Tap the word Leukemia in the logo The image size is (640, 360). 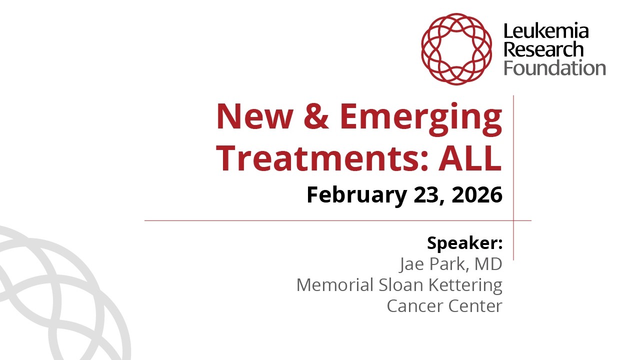(545, 32)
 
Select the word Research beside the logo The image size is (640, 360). (543, 49)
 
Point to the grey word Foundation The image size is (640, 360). (554, 67)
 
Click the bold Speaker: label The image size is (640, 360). (464, 243)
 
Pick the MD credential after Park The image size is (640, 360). (488, 264)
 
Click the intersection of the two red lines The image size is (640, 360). (513, 220)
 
